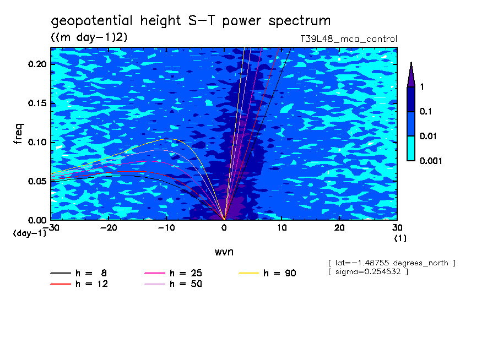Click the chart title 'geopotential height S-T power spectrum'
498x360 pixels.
(191, 21)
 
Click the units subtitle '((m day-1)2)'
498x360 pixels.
(89, 37)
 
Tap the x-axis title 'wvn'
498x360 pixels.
(224, 252)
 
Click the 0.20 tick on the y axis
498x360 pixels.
(39, 64)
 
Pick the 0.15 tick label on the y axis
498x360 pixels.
(39, 103)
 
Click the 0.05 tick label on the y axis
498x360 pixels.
(39, 181)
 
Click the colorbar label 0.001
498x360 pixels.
(431, 161)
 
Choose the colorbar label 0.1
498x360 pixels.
(425, 111)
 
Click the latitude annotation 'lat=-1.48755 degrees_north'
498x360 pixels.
(391, 263)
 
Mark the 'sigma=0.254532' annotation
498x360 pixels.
(367, 272)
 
